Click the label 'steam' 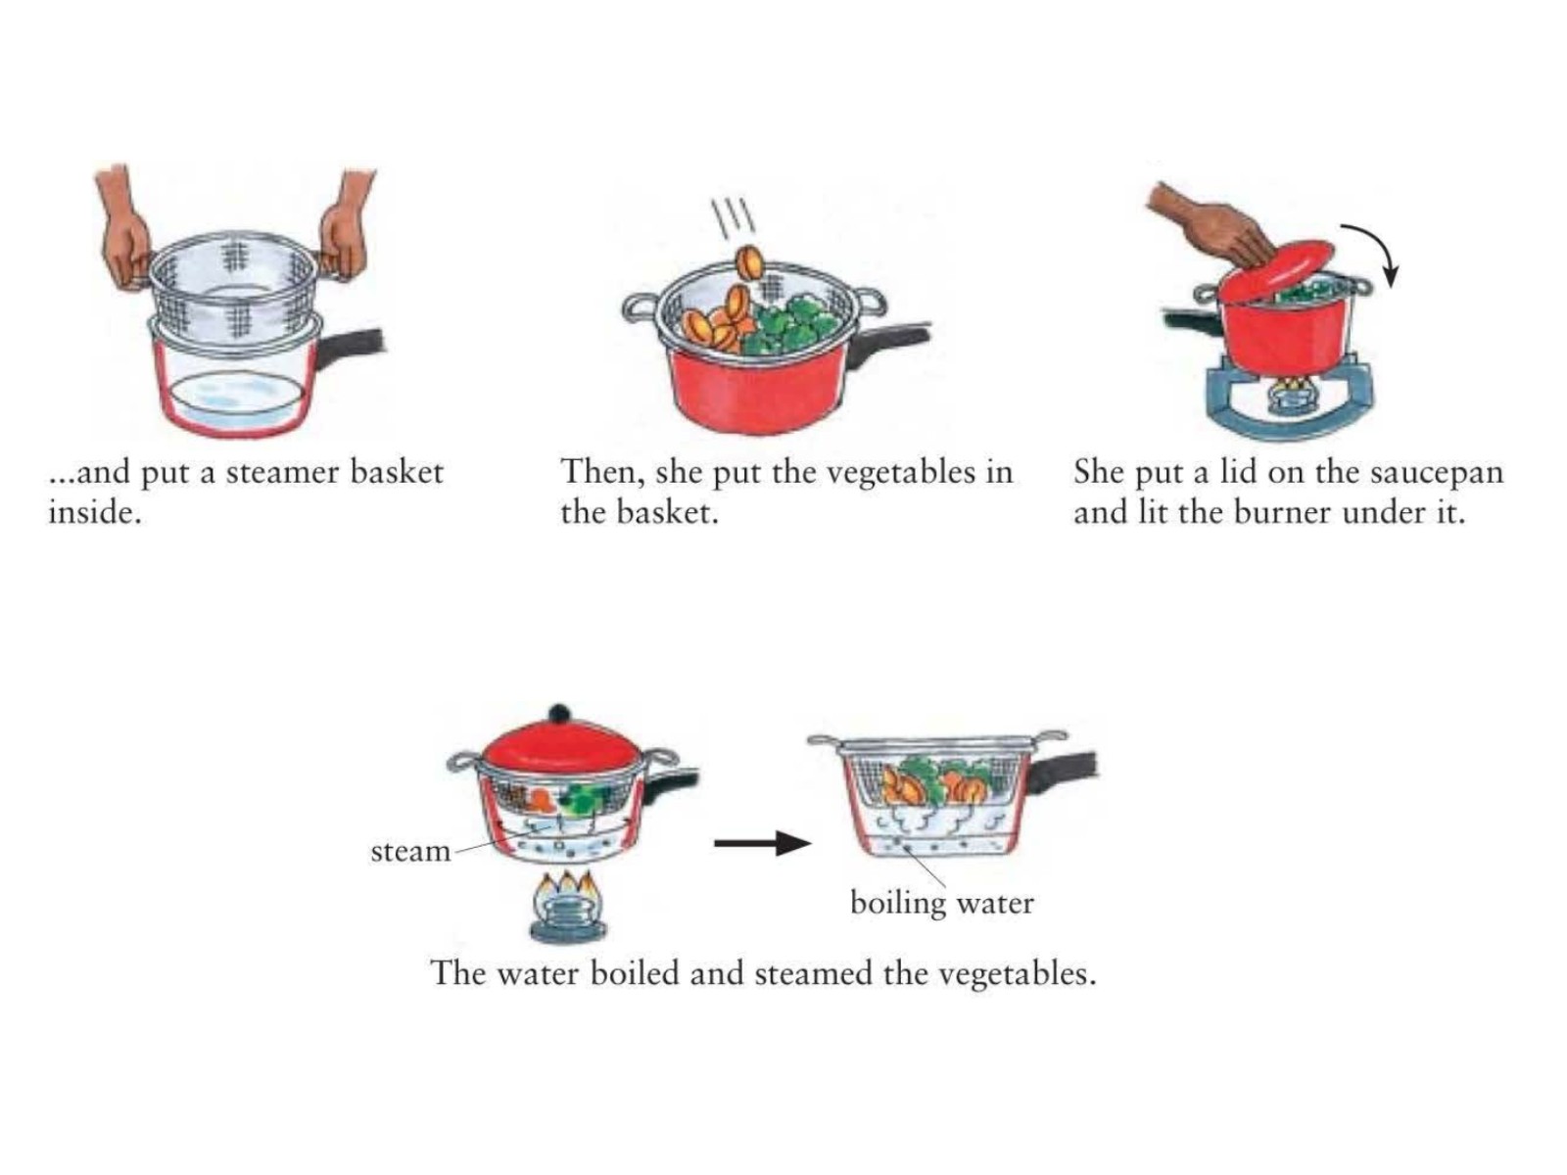410,851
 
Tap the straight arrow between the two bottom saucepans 762,843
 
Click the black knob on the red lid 560,714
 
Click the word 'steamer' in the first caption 280,473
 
